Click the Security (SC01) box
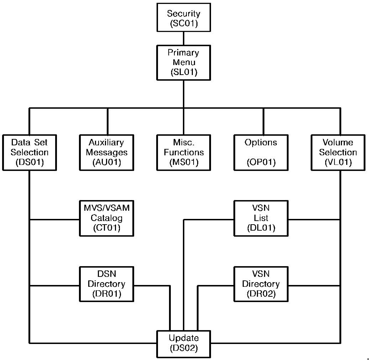point(184,17)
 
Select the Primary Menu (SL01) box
point(184,62)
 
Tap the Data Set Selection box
point(29,152)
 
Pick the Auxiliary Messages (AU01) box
point(107,152)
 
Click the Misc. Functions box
point(184,152)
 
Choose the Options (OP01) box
point(261,152)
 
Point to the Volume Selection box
point(338,152)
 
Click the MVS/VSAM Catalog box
point(107,218)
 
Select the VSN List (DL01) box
point(261,218)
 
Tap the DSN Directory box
point(107,284)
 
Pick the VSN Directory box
point(261,284)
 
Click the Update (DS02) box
point(184,343)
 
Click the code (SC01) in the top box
point(184,23)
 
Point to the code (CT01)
point(107,228)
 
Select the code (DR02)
point(261,294)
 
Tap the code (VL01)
point(338,162)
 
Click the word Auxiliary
point(107,143)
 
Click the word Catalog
point(107,218)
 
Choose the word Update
point(184,338)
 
